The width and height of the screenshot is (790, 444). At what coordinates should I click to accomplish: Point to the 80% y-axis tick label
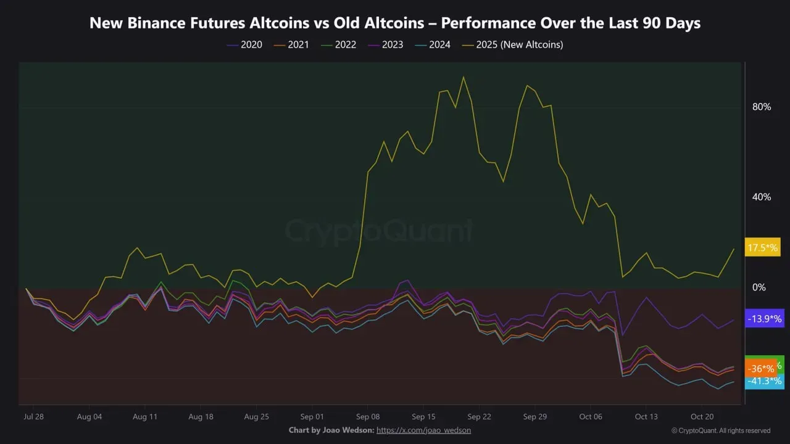762,107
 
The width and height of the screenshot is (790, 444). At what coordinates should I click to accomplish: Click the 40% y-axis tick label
762,197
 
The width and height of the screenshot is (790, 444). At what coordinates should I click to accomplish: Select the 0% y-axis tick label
759,287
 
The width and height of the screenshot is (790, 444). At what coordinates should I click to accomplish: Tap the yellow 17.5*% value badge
764,247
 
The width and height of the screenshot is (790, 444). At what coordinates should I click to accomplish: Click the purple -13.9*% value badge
764,319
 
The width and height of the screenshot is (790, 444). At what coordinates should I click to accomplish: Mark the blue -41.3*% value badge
764,381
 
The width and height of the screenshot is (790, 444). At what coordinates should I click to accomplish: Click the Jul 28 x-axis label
33,417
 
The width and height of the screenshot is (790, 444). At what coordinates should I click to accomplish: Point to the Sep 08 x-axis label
367,417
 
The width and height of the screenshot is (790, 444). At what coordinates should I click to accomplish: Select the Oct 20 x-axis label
702,417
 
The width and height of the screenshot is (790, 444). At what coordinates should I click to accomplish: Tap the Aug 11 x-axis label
144,417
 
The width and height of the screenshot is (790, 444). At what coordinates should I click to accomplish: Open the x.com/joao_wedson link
423,430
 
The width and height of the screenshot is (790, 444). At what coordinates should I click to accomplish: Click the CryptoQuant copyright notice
721,430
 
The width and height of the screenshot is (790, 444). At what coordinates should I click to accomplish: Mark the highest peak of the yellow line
463,77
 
